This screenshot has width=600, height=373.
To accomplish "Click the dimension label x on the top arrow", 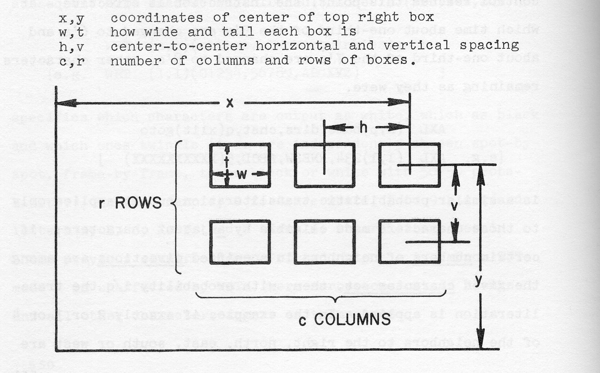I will [x=230, y=103].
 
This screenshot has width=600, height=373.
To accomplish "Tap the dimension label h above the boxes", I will [x=363, y=127].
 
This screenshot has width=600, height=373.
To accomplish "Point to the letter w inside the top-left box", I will [x=242, y=174].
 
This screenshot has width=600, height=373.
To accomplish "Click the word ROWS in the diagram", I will [x=138, y=203].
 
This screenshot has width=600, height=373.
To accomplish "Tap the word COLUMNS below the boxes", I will [x=352, y=319].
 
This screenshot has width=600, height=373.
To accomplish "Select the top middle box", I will [x=324, y=165].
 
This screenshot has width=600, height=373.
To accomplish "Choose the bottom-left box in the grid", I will [x=240, y=242].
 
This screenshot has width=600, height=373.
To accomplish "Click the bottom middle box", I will [x=324, y=242].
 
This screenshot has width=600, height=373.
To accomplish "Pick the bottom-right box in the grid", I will [x=409, y=242].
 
